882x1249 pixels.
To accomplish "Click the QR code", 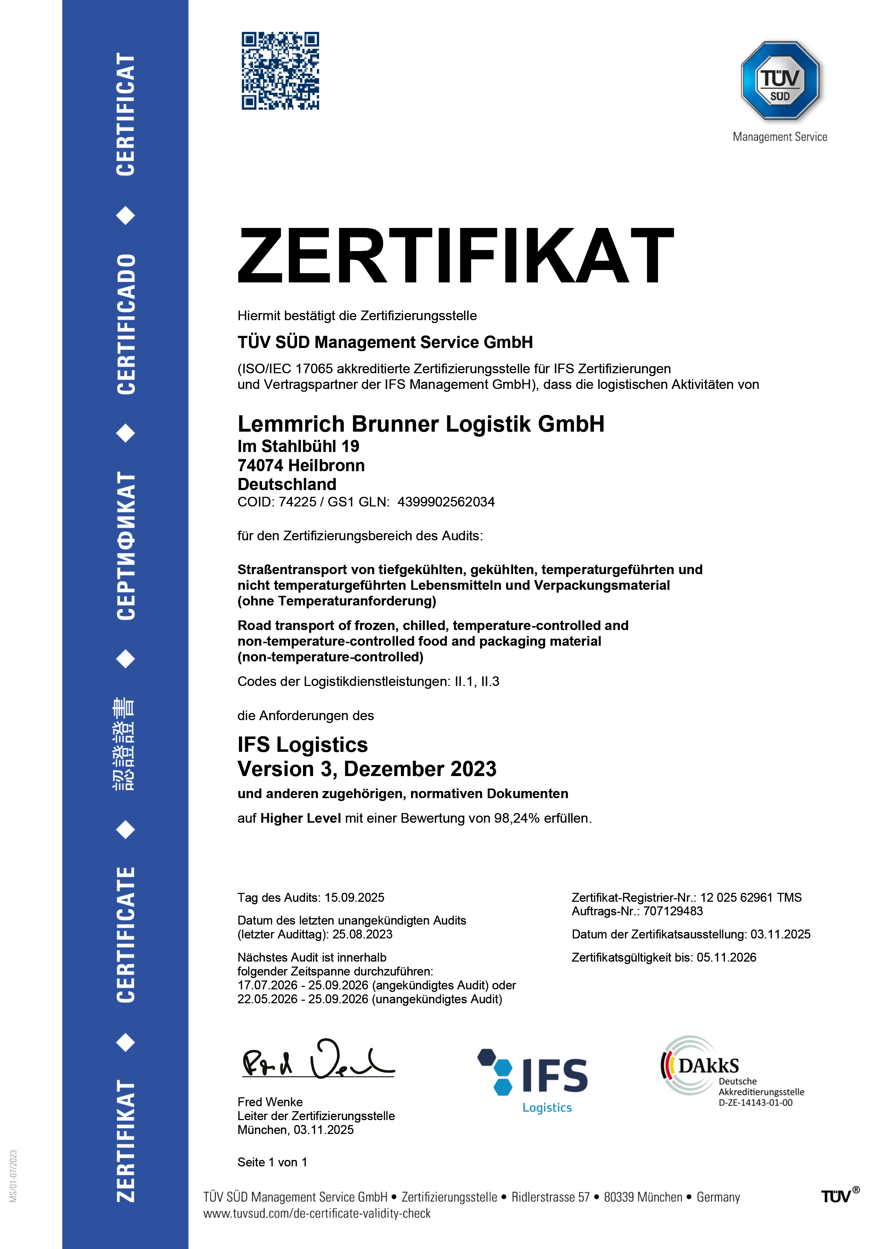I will point(280,71).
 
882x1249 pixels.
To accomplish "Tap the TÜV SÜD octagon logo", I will point(780,80).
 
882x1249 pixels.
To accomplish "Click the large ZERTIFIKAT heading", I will point(456,256).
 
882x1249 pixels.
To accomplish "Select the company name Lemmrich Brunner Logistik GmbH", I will point(421,424).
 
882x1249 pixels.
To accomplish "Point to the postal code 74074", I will point(260,465).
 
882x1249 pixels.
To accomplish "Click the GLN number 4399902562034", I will point(446,502).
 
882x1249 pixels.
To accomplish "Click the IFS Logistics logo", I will point(533,1080).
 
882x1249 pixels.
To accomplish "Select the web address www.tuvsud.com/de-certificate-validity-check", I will point(317,1214).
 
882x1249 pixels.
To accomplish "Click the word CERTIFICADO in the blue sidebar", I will point(126,324).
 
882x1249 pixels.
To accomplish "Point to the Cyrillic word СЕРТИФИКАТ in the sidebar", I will point(126,546).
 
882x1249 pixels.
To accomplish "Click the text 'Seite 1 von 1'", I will point(272,1162).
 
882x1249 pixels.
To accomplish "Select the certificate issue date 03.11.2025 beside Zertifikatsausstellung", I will point(780,935).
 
